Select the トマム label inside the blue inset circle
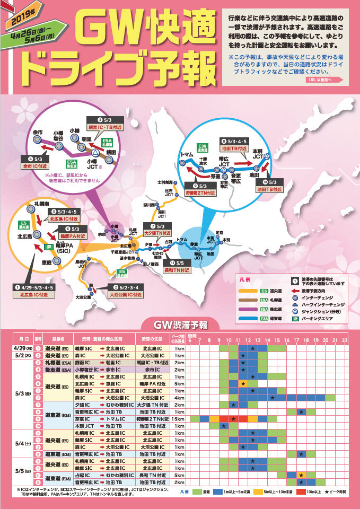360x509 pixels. click(x=187, y=155)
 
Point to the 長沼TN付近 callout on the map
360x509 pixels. click(x=177, y=270)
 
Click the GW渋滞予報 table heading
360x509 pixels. click(x=180, y=323)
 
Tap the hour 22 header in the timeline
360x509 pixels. click(x=345, y=339)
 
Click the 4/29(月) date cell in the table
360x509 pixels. click(x=22, y=348)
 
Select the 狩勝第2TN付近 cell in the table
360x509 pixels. click(x=155, y=419)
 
